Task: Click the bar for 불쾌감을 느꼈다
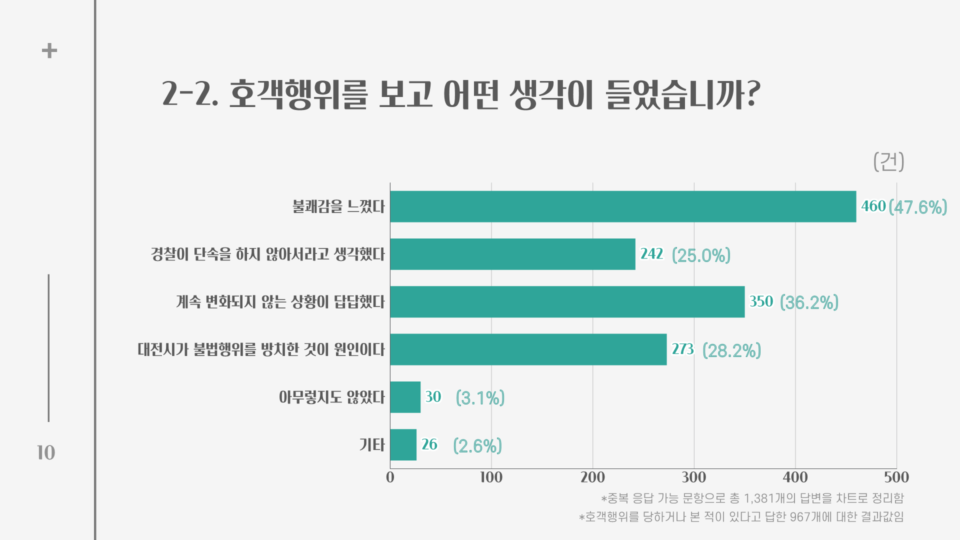622,206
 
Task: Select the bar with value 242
512,254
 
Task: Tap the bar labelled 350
567,302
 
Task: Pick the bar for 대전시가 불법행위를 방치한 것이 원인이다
528,349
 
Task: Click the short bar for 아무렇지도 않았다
405,397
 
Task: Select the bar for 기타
403,444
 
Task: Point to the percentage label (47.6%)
918,207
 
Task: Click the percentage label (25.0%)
701,255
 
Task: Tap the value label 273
682,349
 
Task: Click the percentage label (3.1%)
480,398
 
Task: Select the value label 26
429,444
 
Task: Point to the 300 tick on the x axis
694,477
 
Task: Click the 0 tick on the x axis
390,477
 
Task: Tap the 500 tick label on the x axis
896,477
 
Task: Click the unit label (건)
888,161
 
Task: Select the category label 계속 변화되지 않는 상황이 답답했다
280,302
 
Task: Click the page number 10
46,452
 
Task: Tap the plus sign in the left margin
49,50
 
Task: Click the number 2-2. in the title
190,93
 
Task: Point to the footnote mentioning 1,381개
752,498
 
